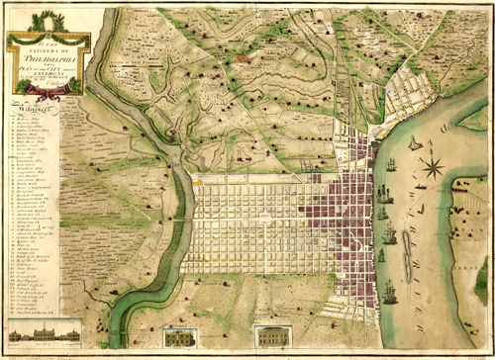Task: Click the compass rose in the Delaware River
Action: pyautogui.click(x=432, y=163)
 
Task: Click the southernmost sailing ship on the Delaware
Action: pyautogui.click(x=390, y=293)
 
